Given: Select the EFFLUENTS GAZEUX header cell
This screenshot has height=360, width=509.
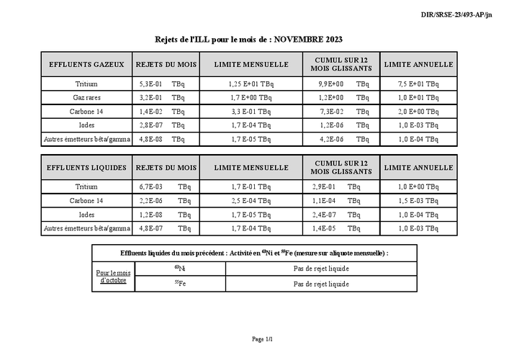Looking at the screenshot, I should pyautogui.click(x=86, y=64).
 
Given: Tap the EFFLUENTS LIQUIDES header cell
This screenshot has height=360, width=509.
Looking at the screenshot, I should pyautogui.click(x=86, y=168).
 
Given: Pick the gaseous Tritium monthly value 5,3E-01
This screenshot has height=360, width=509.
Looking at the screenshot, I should pyautogui.click(x=150, y=84).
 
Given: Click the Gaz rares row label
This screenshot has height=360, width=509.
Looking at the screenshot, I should pyautogui.click(x=86, y=97).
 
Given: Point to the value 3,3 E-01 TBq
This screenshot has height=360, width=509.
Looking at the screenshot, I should pyautogui.click(x=251, y=111).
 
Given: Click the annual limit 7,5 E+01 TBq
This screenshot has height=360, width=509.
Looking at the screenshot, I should pyautogui.click(x=418, y=84).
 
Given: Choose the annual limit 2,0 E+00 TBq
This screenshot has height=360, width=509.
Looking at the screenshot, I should pyautogui.click(x=418, y=111).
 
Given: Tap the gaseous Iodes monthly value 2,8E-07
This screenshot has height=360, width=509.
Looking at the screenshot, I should pyautogui.click(x=150, y=125).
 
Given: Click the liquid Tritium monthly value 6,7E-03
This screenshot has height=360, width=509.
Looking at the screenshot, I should pyautogui.click(x=150, y=187).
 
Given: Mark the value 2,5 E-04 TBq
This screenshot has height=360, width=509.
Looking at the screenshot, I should pyautogui.click(x=251, y=201).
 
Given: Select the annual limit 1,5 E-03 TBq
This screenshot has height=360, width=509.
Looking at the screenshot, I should pyautogui.click(x=418, y=201).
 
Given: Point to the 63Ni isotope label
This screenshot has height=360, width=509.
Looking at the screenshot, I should pyautogui.click(x=179, y=269).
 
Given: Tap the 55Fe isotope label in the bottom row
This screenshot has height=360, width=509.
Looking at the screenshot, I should pyautogui.click(x=179, y=284).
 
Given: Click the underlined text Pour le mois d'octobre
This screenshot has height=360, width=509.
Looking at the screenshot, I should pyautogui.click(x=114, y=276).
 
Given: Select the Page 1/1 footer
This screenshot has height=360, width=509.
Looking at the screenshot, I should pyautogui.click(x=262, y=338).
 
